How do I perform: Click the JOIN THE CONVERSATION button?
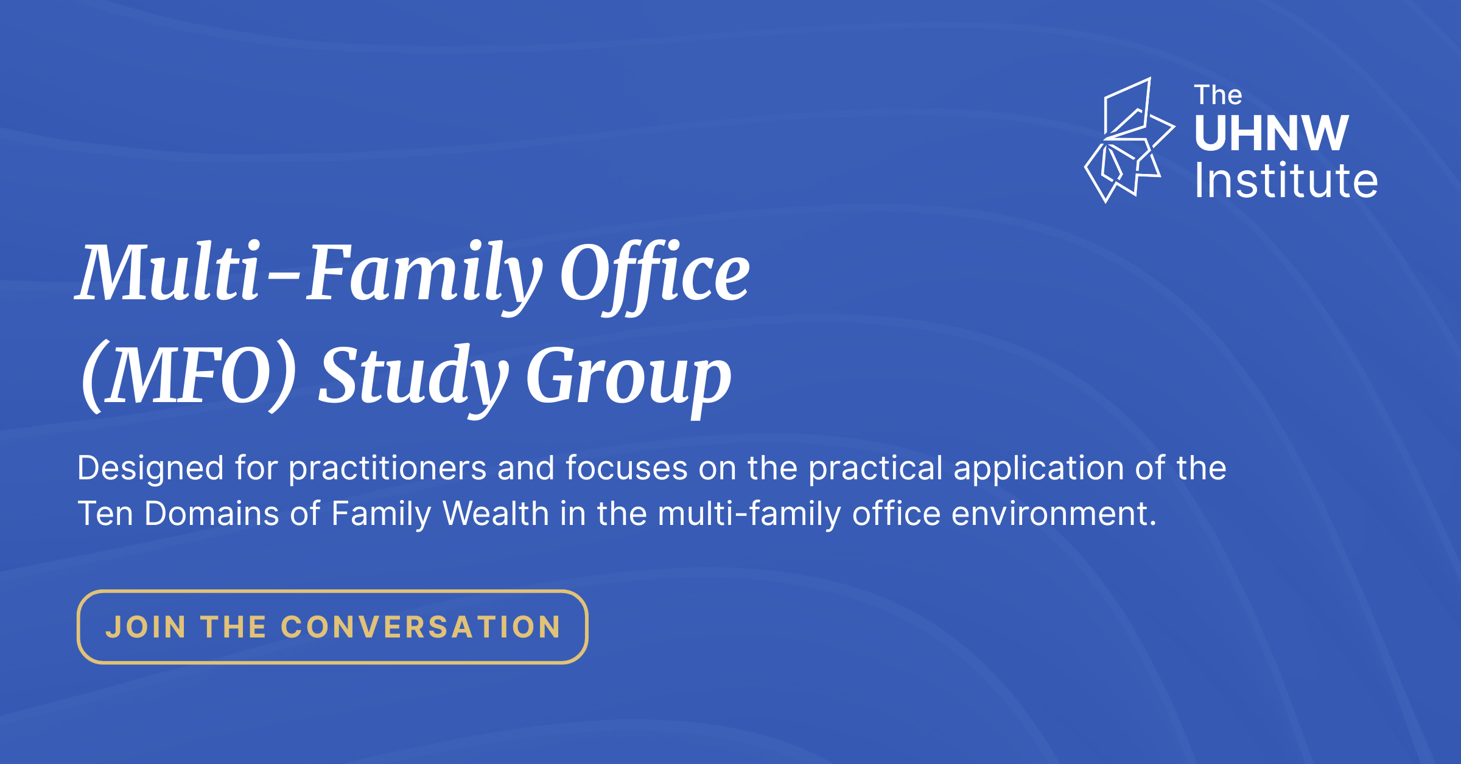(x=332, y=627)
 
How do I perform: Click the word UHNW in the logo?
(x=1272, y=133)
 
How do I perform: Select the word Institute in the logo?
(x=1286, y=181)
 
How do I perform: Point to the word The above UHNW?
(x=1217, y=95)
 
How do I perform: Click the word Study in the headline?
(x=414, y=379)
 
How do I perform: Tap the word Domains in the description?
(x=212, y=513)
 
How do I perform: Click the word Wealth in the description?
(x=496, y=513)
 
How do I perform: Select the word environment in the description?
(x=1053, y=515)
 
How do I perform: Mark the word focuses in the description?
(x=626, y=468)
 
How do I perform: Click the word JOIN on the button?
(x=146, y=627)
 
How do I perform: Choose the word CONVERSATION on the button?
(x=421, y=627)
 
